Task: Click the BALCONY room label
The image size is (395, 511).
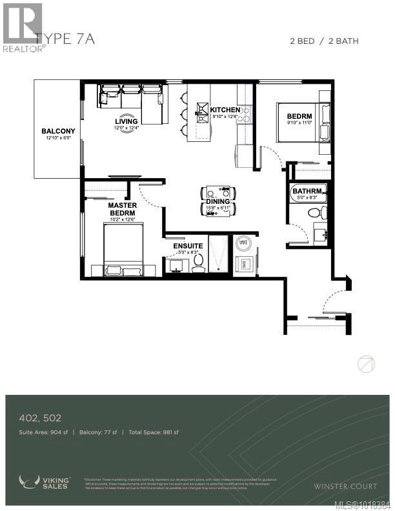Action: (x=59, y=131)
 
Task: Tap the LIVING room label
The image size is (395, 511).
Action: (x=126, y=121)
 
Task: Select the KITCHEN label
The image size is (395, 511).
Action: (x=226, y=110)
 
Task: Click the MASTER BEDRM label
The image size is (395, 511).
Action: (x=121, y=209)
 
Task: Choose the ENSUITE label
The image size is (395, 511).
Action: (x=188, y=246)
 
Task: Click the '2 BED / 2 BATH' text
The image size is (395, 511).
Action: (x=323, y=41)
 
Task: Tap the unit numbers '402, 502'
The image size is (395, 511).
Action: (x=40, y=419)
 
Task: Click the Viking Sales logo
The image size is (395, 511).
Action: (x=45, y=482)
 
